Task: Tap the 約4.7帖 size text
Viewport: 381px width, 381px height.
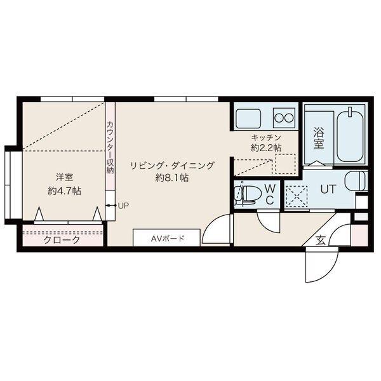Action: point(63,190)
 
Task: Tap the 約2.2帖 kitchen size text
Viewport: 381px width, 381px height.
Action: point(265,147)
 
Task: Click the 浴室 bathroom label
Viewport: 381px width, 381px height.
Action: point(319,138)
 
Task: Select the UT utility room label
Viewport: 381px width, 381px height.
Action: point(328,189)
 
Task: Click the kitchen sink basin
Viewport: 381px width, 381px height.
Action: point(250,118)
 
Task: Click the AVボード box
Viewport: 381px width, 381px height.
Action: point(166,239)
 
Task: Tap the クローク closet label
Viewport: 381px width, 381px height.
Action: point(62,241)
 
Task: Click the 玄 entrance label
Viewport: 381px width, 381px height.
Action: point(321,240)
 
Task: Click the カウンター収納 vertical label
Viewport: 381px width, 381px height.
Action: point(110,148)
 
